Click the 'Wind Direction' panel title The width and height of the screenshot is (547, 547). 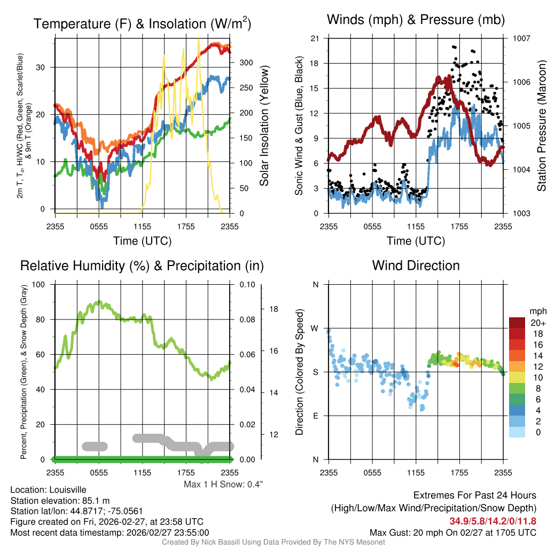pos(416,265)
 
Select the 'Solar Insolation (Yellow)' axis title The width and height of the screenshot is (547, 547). pos(264,126)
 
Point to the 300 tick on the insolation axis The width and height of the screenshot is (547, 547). pos(246,62)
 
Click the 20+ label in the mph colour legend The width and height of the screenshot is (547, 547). pos(537,323)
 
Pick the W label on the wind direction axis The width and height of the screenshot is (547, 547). pos(316,328)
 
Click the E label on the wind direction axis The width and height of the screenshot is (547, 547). pos(316,416)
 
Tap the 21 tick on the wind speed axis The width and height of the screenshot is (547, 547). pos(315,38)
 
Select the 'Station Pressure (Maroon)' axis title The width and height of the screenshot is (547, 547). pos(541,126)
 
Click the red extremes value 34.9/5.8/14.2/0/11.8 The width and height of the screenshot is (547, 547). pos(492,521)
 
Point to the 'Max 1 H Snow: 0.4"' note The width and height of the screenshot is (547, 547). pos(223,484)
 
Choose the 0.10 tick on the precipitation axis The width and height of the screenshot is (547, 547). pos(247,284)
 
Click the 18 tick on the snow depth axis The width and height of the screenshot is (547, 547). pos(274,309)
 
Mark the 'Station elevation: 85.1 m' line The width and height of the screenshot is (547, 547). pos(60,501)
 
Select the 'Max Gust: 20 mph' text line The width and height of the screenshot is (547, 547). pos(454,532)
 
